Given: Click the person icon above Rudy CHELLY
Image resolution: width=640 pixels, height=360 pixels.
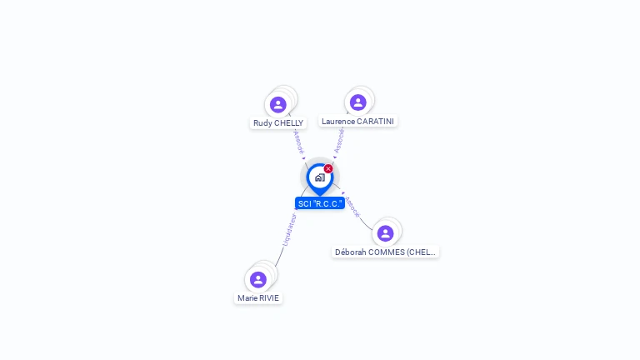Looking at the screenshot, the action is pos(278,104).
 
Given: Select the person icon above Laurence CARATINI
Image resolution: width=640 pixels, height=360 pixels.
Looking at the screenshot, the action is pos(357,102).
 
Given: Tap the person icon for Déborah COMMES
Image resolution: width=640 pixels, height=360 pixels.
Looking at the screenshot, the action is pos(385,232).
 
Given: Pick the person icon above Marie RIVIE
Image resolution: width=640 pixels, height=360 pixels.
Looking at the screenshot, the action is pos(257,279).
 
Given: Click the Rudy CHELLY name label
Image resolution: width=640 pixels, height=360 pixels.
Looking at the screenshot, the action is pos(278,123).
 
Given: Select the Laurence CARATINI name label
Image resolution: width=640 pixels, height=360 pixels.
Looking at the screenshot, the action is pos(357,121).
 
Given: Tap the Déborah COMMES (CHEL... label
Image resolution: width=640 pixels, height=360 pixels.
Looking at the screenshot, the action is pos(385,252).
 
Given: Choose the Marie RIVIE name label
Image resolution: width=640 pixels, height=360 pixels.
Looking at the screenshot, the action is pos(258,297).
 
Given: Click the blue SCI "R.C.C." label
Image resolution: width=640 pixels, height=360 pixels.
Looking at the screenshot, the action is pos(320,203).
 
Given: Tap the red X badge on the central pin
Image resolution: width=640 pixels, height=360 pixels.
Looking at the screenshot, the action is pos(328,169).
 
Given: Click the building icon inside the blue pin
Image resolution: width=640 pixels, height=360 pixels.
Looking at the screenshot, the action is pos(319,177).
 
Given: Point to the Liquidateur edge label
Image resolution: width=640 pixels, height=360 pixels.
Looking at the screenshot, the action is pos(289,229).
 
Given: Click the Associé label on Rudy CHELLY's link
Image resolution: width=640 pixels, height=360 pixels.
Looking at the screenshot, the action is pos(299,142).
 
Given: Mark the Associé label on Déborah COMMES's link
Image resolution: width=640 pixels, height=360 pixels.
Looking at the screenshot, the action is pos(352,207).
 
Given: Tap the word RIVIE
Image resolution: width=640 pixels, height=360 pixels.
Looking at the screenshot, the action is pos(268,297).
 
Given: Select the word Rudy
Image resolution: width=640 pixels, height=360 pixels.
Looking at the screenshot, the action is pos(262,123).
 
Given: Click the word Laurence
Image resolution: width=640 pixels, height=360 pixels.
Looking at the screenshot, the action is pos(337,121).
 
